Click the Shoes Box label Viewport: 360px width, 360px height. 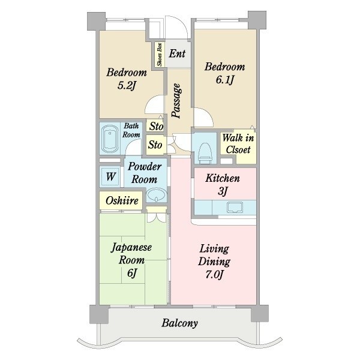pos(160,55)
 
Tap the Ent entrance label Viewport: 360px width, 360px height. pos(177,54)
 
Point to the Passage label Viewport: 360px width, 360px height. pos(176,101)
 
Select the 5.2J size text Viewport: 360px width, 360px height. pos(127,85)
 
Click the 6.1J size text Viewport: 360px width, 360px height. pos(225,80)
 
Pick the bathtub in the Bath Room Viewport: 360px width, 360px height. pos(110,139)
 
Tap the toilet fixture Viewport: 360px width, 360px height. pos(205,152)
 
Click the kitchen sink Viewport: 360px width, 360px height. pos(235,207)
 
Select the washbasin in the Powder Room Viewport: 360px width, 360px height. pos(157,194)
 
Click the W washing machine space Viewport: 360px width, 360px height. pos(110,176)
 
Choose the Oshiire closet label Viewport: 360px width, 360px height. pos(122,200)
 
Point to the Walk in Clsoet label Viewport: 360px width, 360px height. pos(238,144)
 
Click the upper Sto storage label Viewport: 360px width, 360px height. pos(157,126)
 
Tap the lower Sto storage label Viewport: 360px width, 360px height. pos(155,145)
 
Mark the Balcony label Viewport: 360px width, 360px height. pos(179,323)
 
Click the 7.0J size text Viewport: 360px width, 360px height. pos(214,274)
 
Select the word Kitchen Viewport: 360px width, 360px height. pos(223,178)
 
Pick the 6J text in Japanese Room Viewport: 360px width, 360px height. pos(132,273)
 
